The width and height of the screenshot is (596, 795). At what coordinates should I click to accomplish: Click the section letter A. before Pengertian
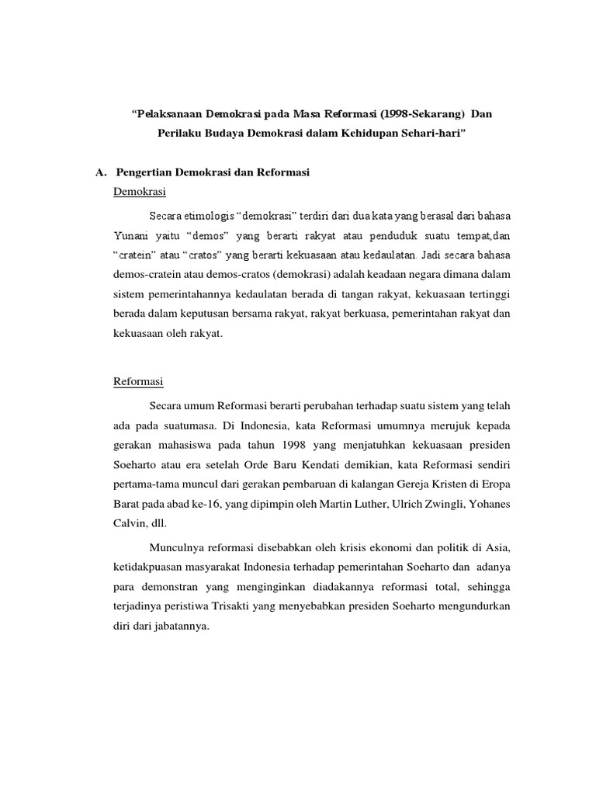pos(99,172)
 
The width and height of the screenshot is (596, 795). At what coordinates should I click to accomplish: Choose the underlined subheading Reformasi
pos(138,382)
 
